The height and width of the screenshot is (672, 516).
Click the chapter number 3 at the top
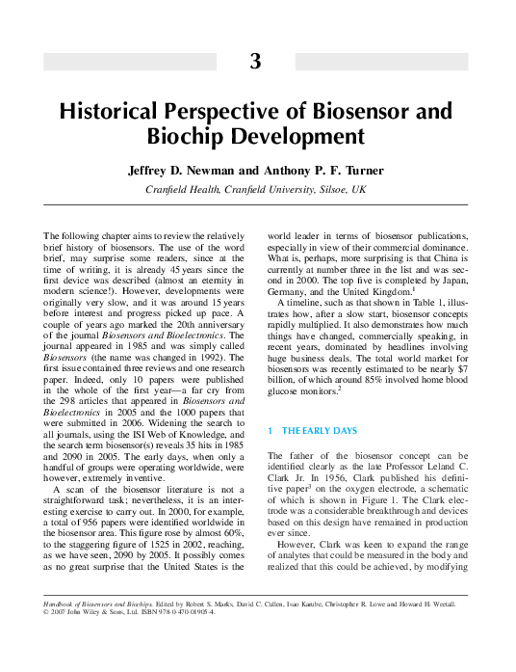(x=255, y=62)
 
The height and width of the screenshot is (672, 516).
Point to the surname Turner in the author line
(x=361, y=171)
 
